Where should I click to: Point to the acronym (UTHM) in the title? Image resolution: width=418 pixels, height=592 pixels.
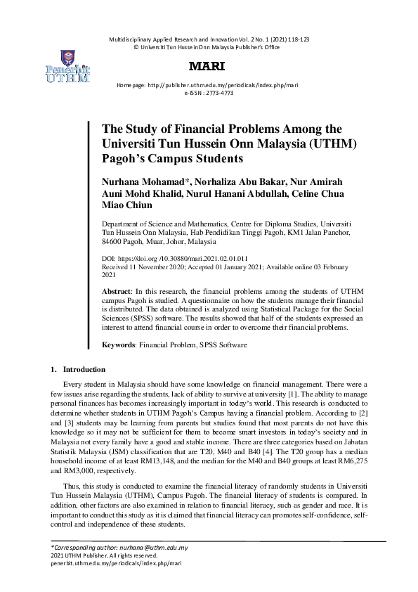coord(336,143)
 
